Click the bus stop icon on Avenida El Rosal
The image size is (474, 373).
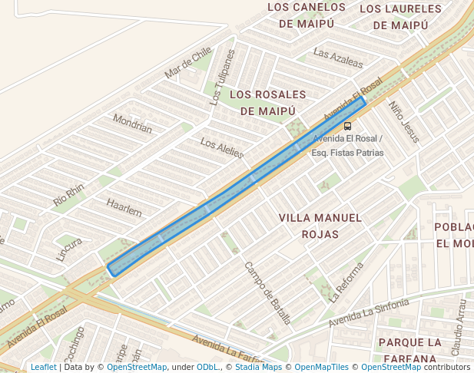(347, 126)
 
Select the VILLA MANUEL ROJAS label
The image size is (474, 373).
(320, 226)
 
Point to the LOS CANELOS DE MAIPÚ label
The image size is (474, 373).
(307, 15)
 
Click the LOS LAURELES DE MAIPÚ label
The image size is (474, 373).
(400, 17)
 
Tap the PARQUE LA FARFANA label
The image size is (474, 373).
(410, 349)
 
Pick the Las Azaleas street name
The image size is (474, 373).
(338, 59)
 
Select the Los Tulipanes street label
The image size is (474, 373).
(223, 77)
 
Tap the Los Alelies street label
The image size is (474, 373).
(222, 147)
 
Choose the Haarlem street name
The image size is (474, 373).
(124, 207)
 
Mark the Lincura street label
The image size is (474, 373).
(69, 249)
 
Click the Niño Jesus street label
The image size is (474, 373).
(404, 122)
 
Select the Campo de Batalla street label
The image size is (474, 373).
(267, 292)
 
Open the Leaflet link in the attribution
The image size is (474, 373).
(43, 368)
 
